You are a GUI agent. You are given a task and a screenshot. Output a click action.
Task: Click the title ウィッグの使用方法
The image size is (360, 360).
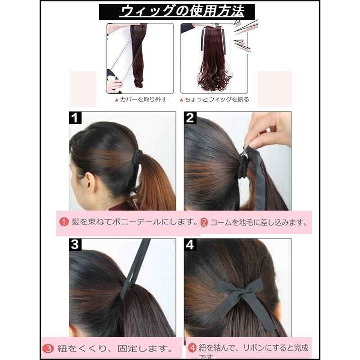click(x=176, y=11)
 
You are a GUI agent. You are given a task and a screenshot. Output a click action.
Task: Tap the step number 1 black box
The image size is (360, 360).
click(x=76, y=118)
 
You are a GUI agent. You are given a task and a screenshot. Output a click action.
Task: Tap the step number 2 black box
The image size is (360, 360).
click(x=190, y=118)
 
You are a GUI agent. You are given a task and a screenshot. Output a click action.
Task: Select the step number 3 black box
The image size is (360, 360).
click(x=76, y=245)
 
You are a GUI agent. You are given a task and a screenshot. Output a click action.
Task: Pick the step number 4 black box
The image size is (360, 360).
click(x=190, y=245)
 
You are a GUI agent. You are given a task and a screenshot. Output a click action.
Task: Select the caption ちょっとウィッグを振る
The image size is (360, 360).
click(x=216, y=99)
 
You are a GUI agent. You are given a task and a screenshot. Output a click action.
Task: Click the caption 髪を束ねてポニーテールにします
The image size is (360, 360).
click(x=131, y=222)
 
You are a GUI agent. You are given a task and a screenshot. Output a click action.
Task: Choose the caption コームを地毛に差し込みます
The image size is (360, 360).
click(x=258, y=222)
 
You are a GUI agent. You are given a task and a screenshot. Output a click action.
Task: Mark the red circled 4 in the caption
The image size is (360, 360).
click(x=192, y=347)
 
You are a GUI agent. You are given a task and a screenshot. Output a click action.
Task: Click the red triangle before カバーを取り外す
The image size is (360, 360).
click(x=117, y=100)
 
